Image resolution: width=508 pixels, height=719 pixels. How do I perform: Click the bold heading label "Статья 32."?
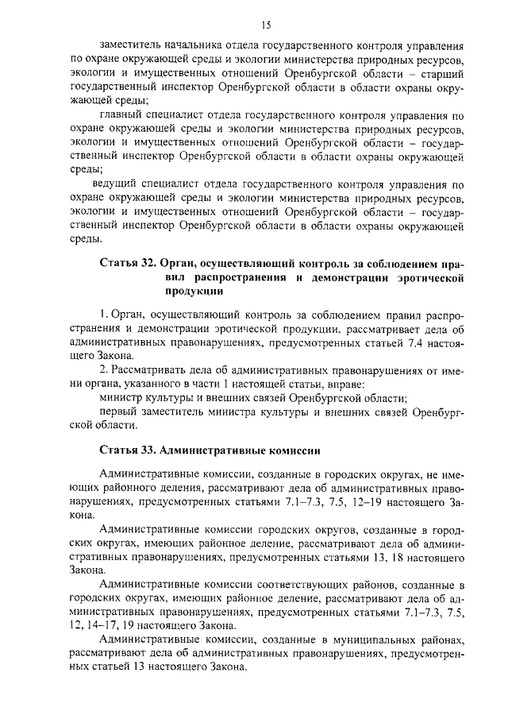[128, 262]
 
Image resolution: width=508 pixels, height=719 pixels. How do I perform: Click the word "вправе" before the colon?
[347, 384]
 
